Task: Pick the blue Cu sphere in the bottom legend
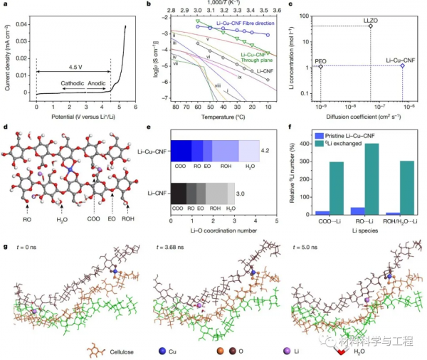(x=163, y=351)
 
